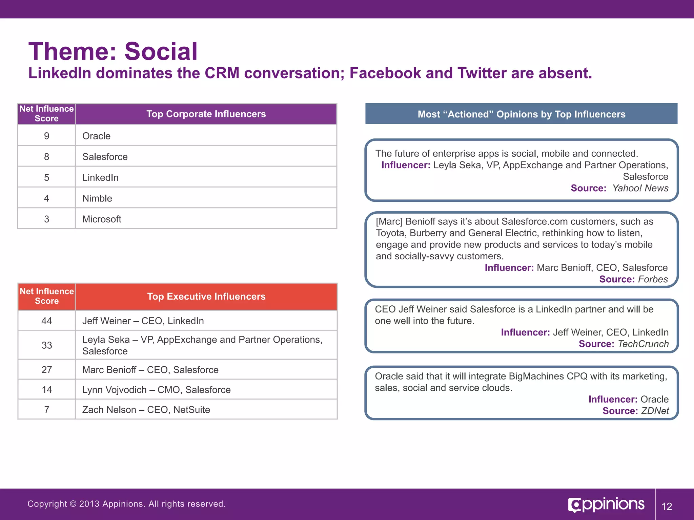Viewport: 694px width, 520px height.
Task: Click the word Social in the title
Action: pyautogui.click(x=161, y=52)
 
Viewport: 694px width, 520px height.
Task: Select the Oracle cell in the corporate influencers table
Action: pyautogui.click(x=96, y=136)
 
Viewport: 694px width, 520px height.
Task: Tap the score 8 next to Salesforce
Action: pyautogui.click(x=46, y=157)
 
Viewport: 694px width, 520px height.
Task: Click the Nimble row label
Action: pyautogui.click(x=97, y=198)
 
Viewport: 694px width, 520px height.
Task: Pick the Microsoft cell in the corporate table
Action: pyautogui.click(x=102, y=219)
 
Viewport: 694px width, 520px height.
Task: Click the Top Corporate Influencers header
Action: pyautogui.click(x=206, y=114)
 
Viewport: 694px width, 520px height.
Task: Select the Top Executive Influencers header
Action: pyautogui.click(x=206, y=297)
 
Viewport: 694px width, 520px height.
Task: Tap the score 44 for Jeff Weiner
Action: pyautogui.click(x=46, y=321)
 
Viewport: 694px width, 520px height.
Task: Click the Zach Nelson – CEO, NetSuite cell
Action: pyautogui.click(x=146, y=410)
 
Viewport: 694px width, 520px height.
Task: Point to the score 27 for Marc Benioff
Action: pyautogui.click(x=46, y=370)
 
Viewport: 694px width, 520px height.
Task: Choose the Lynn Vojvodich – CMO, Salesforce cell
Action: pyautogui.click(x=156, y=390)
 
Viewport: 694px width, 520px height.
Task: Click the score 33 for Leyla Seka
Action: pyautogui.click(x=46, y=345)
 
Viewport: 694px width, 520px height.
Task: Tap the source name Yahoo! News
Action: pyautogui.click(x=640, y=188)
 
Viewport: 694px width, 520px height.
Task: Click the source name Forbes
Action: pyautogui.click(x=653, y=279)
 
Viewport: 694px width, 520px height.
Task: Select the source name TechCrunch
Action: pyautogui.click(x=643, y=344)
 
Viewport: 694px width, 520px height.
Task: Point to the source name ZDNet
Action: pyautogui.click(x=655, y=411)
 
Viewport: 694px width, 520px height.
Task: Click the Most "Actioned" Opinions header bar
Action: pyautogui.click(x=521, y=114)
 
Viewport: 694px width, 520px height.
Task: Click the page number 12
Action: pyautogui.click(x=667, y=506)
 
